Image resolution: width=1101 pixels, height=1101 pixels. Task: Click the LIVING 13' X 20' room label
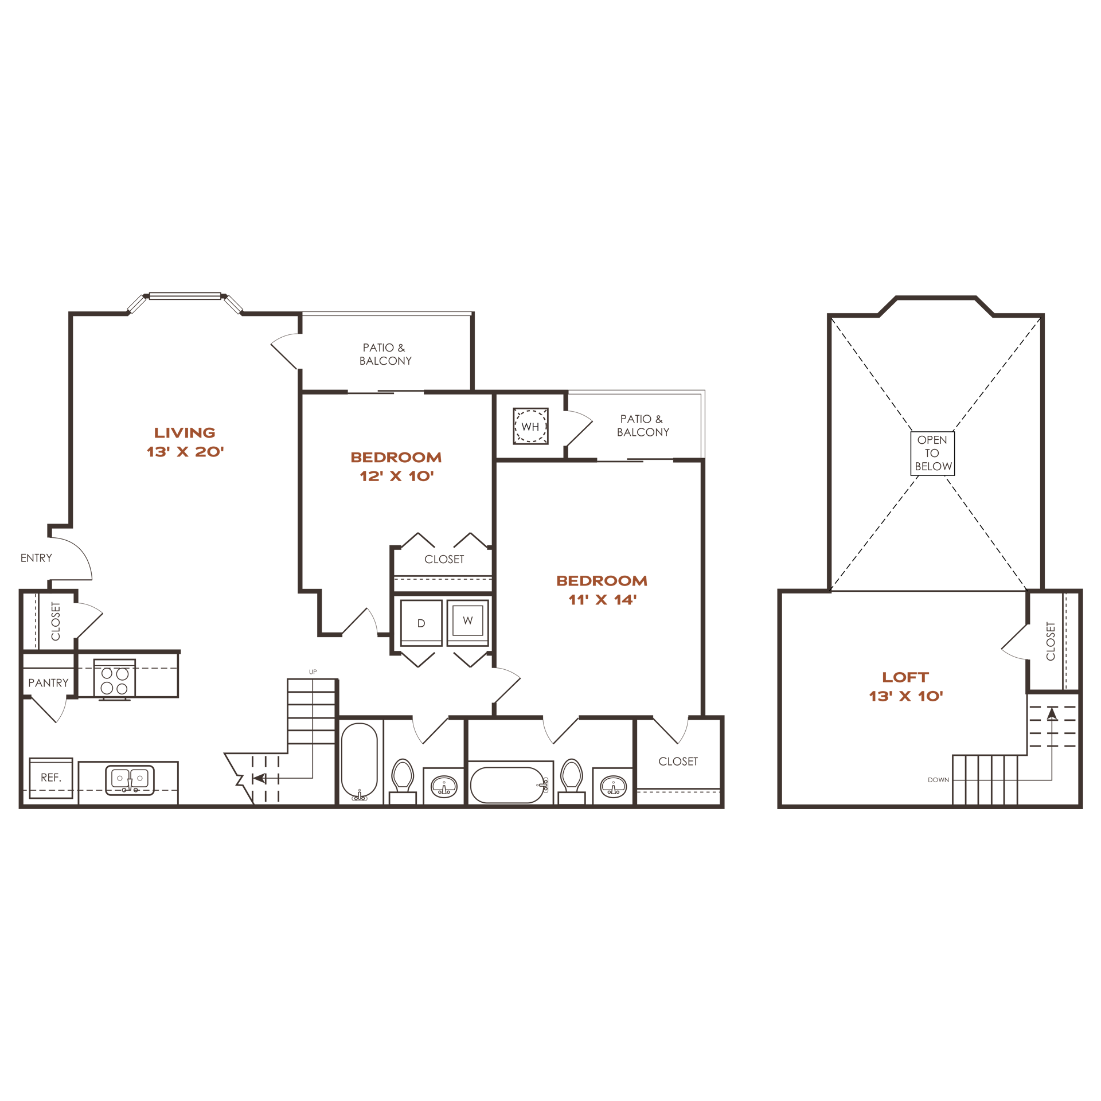tap(185, 442)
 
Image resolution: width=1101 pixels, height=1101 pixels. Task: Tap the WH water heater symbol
tap(530, 426)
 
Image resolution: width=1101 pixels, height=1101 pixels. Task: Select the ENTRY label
tap(36, 558)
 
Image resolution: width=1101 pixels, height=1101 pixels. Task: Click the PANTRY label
tap(48, 683)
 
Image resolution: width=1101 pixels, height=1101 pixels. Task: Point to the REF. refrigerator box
tap(51, 778)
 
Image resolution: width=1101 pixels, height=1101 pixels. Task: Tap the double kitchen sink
tap(130, 780)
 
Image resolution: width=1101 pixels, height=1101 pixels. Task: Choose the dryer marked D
tap(421, 623)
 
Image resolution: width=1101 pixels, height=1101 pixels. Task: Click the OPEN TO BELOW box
tap(932, 453)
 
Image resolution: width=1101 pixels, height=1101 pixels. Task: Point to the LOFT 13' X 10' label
tap(905, 686)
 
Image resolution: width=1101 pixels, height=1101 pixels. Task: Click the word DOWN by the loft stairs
tap(938, 780)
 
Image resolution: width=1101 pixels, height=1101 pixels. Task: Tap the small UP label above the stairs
tap(313, 671)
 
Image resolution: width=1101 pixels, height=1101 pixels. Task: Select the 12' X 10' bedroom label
tap(396, 467)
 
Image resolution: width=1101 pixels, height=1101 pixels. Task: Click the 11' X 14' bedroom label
tap(602, 590)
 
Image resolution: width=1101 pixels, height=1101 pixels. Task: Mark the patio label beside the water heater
tap(643, 425)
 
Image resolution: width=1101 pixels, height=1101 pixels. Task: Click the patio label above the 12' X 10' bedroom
tap(385, 354)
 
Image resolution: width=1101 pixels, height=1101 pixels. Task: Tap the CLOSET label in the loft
tap(1051, 641)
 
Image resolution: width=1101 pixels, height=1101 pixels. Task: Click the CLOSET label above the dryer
tap(444, 559)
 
